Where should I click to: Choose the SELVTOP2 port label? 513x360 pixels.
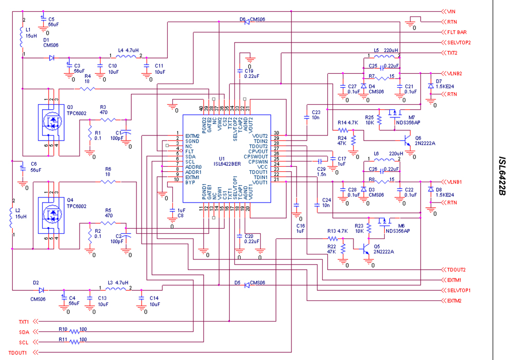[x=459, y=43]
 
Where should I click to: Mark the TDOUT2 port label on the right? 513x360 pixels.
[x=456, y=270]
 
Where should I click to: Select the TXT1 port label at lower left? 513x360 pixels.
[x=24, y=322]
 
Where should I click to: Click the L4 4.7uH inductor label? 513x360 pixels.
[x=129, y=50]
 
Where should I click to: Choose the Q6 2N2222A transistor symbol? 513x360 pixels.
[x=407, y=141]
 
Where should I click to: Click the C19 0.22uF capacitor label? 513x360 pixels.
[x=252, y=73]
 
